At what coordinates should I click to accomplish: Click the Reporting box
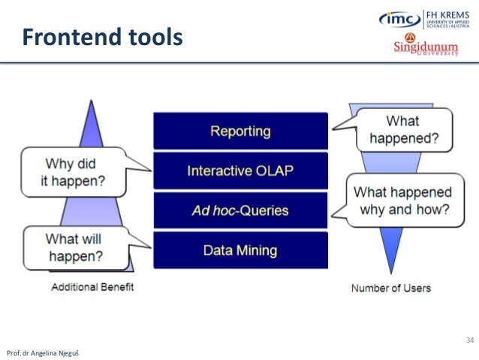click(x=240, y=131)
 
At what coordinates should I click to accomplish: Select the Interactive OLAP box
click(x=240, y=171)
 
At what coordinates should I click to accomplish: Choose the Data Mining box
click(x=240, y=250)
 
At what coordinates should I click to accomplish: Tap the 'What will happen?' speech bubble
click(x=73, y=248)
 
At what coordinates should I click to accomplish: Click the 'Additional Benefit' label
click(x=92, y=287)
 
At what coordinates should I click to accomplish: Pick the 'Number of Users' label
click(x=390, y=288)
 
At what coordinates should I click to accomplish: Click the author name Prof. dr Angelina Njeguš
click(x=38, y=352)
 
